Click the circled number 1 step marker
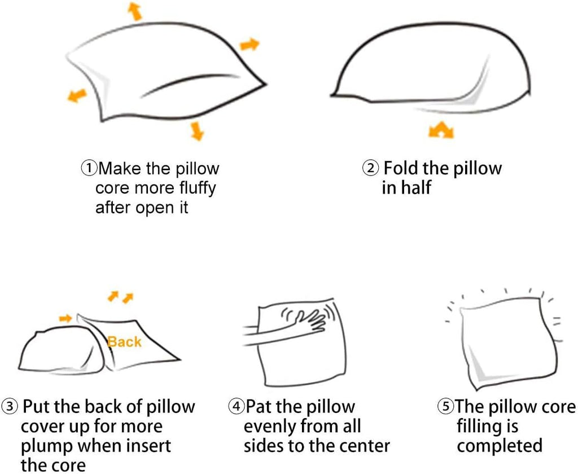click(x=89, y=169)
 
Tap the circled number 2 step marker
click(x=370, y=168)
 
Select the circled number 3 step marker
click(x=10, y=406)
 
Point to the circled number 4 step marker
click(x=237, y=406)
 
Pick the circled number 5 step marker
click(x=446, y=406)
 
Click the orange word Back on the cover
click(x=125, y=342)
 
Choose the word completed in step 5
click(x=500, y=446)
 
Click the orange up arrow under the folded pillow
click(x=441, y=130)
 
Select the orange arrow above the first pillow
click(x=135, y=11)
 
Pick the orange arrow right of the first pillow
click(x=249, y=45)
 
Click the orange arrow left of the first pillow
click(x=77, y=95)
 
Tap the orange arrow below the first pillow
click(x=197, y=131)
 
